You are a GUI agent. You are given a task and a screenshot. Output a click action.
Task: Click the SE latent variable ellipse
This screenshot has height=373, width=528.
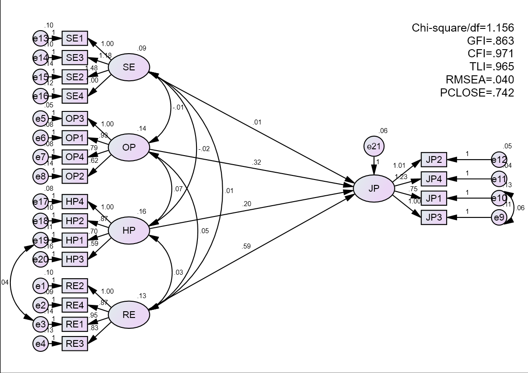129,68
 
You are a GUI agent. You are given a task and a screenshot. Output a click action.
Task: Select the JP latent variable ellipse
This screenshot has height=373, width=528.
374,189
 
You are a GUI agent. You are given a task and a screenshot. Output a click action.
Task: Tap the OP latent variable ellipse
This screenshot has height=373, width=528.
129,146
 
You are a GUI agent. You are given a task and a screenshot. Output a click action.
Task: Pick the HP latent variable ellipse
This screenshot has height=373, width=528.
129,230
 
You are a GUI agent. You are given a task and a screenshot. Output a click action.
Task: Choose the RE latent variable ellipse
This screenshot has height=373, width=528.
129,315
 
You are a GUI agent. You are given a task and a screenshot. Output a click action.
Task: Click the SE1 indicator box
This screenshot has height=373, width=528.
75,39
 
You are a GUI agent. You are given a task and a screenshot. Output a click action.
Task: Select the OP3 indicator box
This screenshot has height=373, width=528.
75,118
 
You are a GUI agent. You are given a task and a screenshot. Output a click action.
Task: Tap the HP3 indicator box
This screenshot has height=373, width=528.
75,259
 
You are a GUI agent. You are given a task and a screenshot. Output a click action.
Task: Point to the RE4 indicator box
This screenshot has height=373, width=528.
75,305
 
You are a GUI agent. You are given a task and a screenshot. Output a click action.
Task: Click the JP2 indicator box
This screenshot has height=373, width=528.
434,160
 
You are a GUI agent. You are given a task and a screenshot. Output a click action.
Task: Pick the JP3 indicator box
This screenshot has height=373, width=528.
434,218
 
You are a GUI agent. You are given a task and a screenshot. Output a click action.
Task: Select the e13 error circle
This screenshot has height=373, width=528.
40,39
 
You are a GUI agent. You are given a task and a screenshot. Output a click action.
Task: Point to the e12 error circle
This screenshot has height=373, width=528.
499,160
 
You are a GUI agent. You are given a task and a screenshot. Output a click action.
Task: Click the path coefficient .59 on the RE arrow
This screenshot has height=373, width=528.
247,246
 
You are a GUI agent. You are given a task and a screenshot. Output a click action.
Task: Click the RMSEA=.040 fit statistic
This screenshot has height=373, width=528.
480,80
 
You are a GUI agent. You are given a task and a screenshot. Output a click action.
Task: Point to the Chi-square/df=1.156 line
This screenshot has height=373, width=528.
463,28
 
